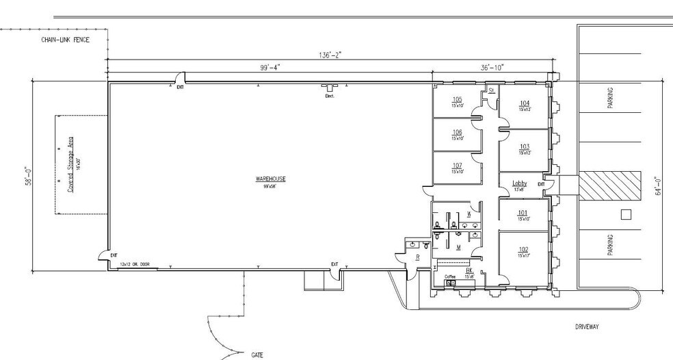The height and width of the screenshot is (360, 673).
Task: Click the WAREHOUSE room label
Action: tap(271, 179)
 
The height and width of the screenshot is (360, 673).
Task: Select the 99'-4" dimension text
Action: tap(270, 67)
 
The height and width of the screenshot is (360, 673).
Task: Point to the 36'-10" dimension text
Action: tap(492, 67)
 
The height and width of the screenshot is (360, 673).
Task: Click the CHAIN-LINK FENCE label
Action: tap(66, 40)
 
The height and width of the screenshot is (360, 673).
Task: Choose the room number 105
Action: tap(457, 99)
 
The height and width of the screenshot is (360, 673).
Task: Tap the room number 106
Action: tap(457, 132)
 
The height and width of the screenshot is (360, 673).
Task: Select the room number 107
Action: tap(457, 165)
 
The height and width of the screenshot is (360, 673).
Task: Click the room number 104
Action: tap(525, 103)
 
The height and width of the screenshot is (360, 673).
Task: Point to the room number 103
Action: tap(525, 146)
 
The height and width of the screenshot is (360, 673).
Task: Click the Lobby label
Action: tap(520, 183)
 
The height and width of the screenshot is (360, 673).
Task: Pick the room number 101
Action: tap(524, 212)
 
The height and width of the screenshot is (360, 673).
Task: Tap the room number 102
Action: tap(524, 249)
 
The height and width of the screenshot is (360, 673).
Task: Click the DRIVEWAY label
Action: tap(587, 327)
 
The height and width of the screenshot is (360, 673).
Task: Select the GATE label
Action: tap(256, 355)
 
